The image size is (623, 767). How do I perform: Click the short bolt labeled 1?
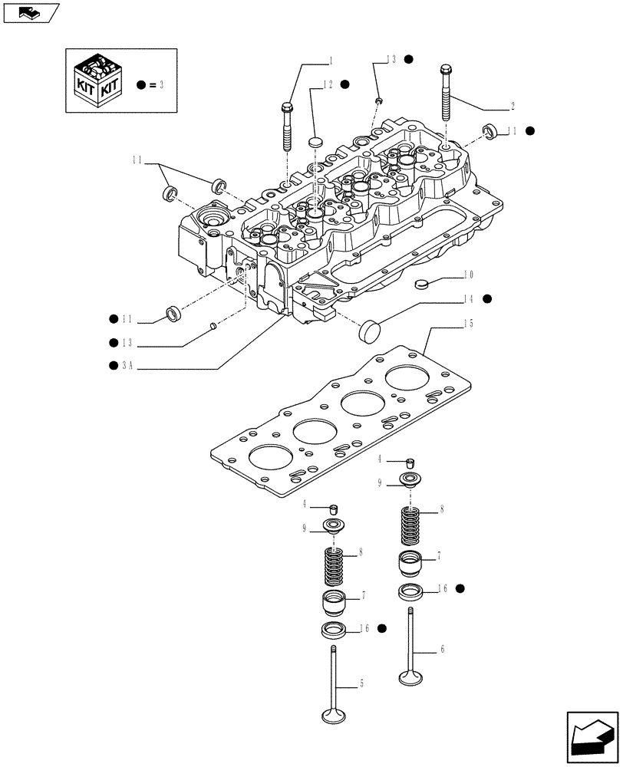287,127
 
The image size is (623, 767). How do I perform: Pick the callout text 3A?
127,367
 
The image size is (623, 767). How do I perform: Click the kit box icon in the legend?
96,80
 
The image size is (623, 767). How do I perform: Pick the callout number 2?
513,106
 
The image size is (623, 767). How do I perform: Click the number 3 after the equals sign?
163,84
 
